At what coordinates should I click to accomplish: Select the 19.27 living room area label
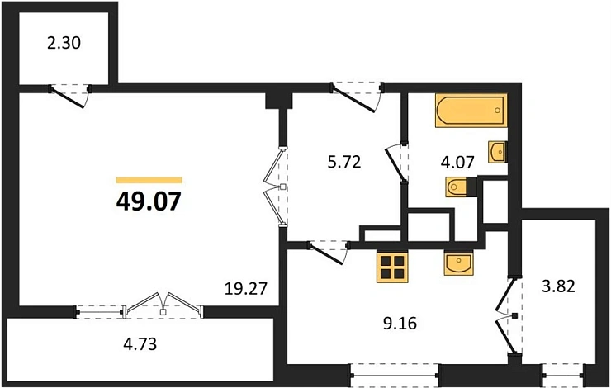245,289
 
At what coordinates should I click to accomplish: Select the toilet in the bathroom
457,189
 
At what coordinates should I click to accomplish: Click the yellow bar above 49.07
149,179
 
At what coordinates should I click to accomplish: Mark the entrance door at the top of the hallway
357,93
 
